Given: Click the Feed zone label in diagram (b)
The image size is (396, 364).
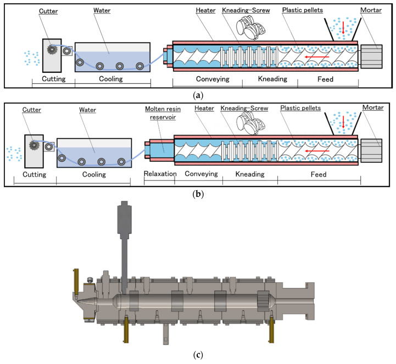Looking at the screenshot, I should tap(319, 174).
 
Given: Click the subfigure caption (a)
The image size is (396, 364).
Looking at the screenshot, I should tap(198, 94).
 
